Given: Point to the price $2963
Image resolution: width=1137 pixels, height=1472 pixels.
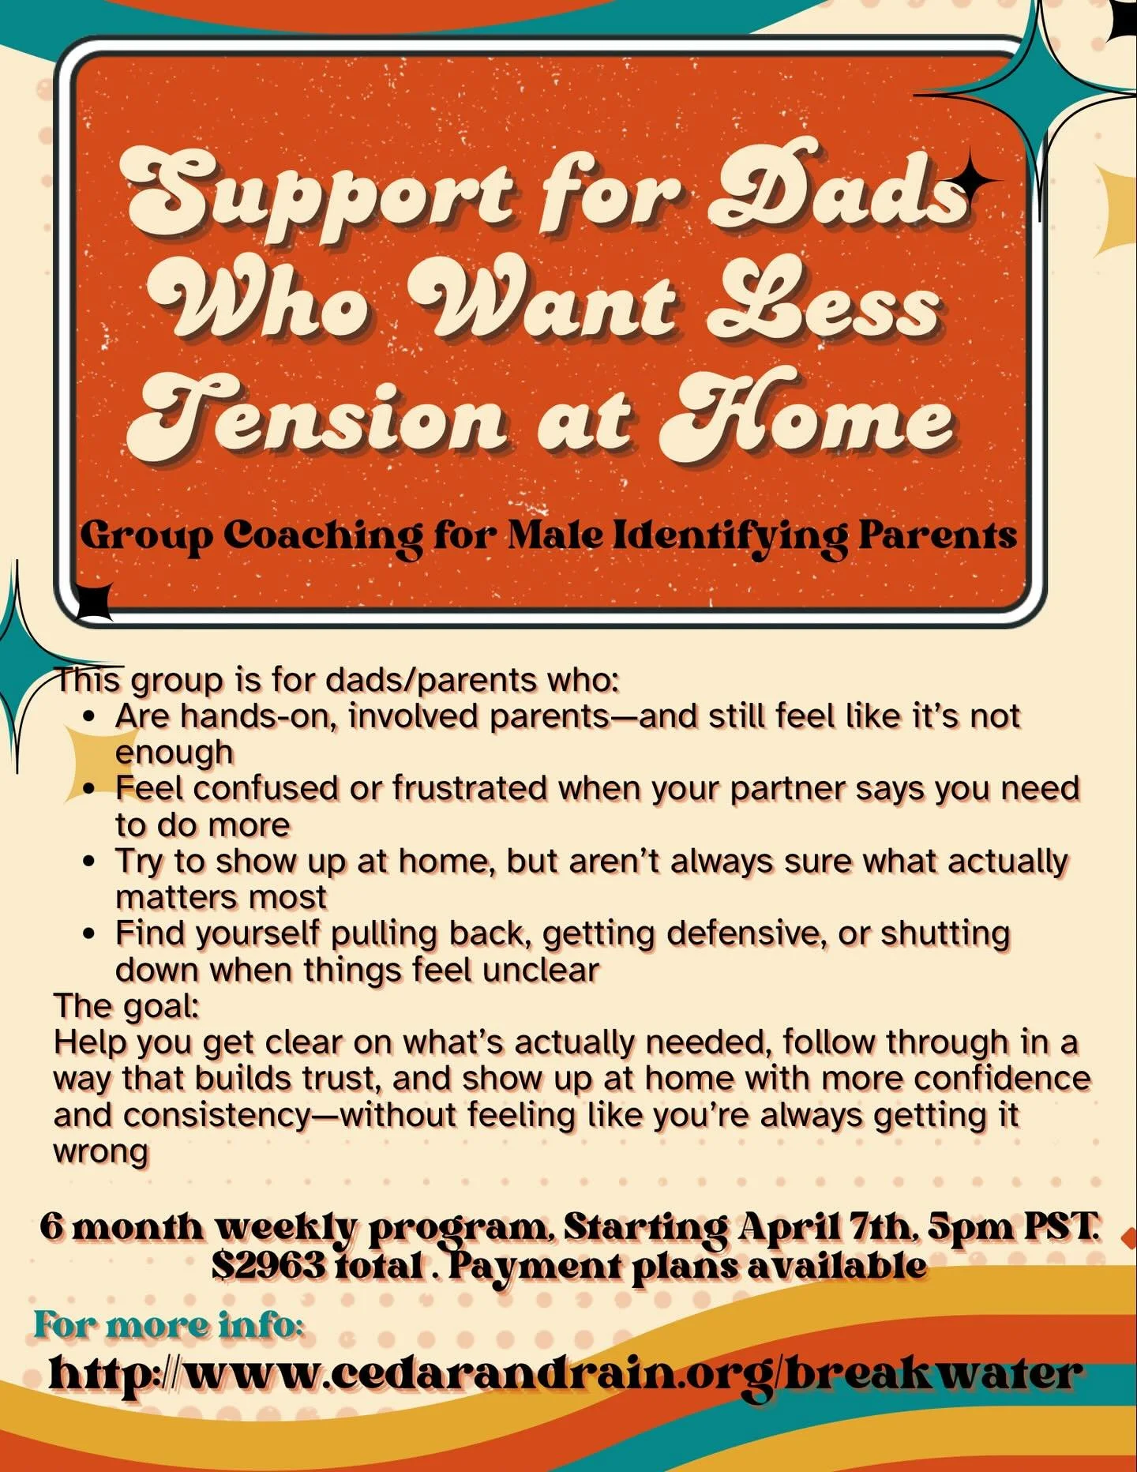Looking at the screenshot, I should coord(268,1266).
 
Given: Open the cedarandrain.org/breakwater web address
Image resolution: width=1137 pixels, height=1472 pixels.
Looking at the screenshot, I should coord(564,1373).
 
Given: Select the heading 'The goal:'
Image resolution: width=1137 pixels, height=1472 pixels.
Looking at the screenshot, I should coord(126,1006).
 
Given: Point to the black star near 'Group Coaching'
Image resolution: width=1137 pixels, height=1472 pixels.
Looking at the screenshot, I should coord(96,599).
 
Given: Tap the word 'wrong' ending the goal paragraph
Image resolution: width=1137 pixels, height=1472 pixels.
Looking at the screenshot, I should coord(100,1151).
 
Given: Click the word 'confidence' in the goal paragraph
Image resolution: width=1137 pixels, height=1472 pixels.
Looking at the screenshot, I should coord(1003,1079).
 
